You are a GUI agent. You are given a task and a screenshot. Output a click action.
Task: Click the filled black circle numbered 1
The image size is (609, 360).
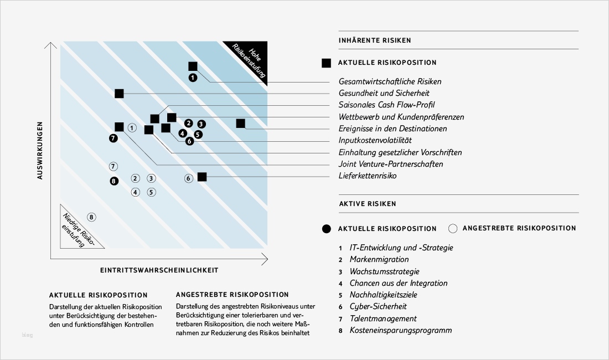pos(192,78)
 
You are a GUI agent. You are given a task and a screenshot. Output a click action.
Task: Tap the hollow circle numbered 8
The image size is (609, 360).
pos(92,217)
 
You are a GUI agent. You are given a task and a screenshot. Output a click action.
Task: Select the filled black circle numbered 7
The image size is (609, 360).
pos(113,138)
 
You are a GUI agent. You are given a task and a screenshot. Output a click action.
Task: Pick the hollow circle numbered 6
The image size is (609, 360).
pos(189,178)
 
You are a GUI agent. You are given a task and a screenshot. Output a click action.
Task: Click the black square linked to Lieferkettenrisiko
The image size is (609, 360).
pos(202,177)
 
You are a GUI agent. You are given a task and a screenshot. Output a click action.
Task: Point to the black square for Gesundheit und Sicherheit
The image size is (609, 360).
pos(119,93)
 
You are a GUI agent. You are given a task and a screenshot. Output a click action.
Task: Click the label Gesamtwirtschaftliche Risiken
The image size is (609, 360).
pos(390,81)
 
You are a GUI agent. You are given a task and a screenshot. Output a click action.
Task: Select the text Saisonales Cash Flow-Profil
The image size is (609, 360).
pos(386,105)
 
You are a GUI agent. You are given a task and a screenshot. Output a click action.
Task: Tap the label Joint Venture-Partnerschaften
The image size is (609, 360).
pos(391,164)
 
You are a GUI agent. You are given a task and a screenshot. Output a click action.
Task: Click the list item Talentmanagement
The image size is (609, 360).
pos(383,318)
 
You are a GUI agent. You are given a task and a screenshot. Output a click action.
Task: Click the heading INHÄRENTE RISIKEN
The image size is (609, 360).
pos(374,40)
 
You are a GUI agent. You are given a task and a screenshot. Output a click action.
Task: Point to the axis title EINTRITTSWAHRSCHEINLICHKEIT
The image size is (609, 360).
pos(159,270)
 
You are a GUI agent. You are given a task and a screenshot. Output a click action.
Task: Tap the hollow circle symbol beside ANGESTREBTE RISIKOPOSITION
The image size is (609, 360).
pos(452,228)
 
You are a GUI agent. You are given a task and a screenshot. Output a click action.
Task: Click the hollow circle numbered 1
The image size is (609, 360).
pos(132,127)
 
